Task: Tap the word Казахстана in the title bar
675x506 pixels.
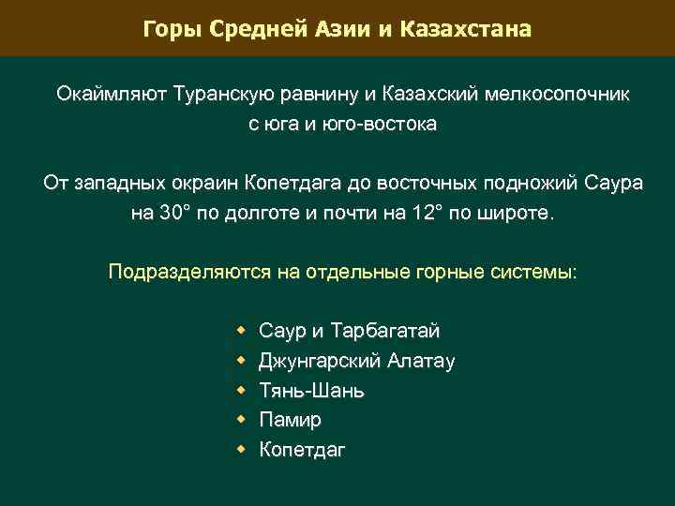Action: coord(465,29)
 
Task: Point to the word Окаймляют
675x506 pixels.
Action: coord(109,95)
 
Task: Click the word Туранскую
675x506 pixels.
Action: coord(217,95)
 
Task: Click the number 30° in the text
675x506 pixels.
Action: coord(172,213)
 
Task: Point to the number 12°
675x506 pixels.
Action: coord(427,213)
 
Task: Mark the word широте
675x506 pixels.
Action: coord(517,213)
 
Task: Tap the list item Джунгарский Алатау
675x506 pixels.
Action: coord(357,361)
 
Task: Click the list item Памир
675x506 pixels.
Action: coord(290,420)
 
